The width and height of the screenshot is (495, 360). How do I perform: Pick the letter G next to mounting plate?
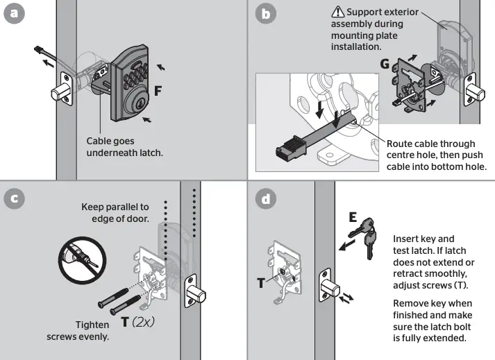[x=385, y=65]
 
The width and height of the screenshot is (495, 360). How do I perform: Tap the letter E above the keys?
[x=353, y=218]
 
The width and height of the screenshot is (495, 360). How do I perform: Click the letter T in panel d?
[x=261, y=283]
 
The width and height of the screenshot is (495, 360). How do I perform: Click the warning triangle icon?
[x=337, y=12]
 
